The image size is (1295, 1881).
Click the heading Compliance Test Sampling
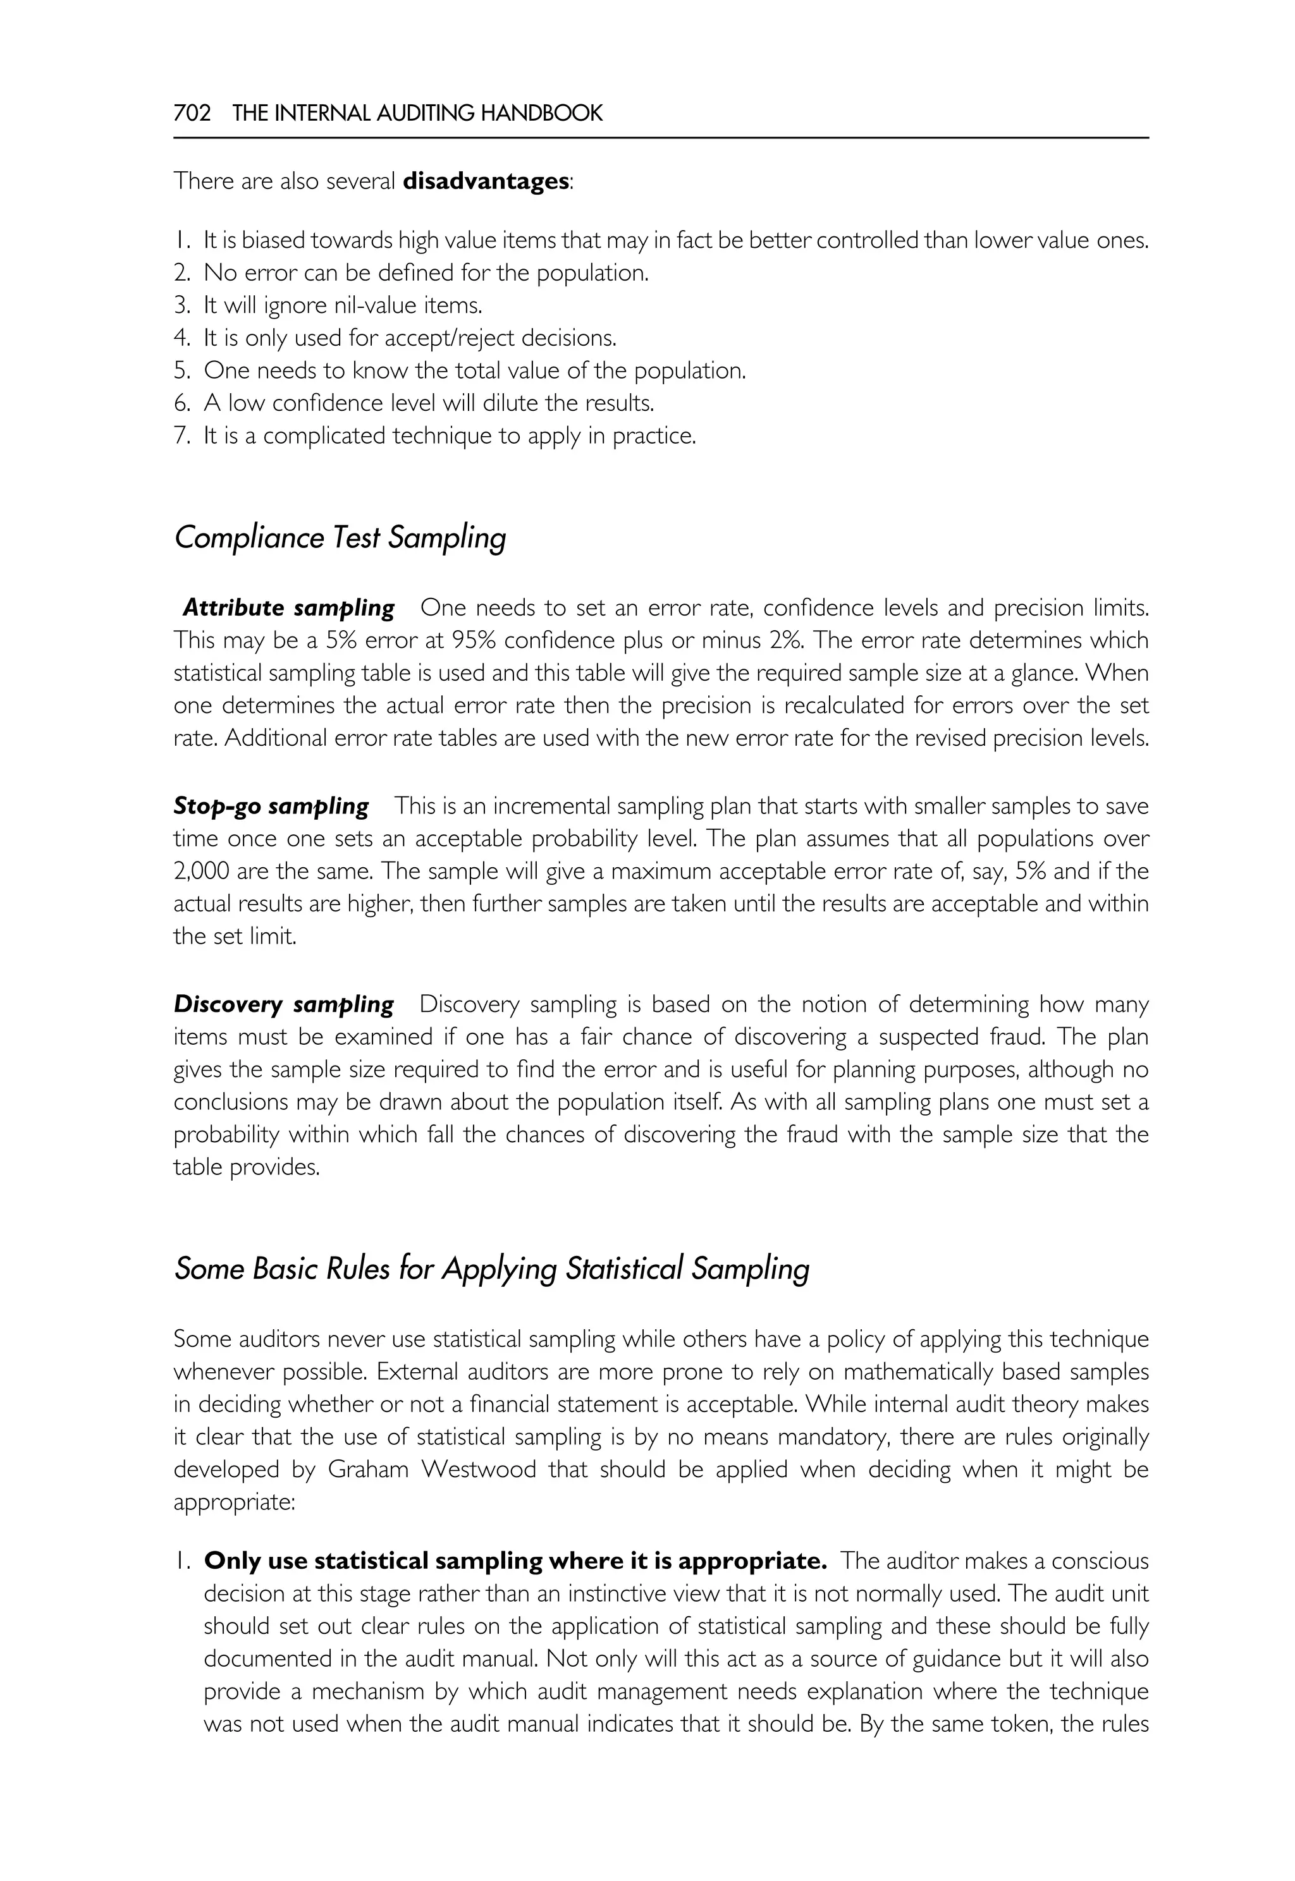click(340, 537)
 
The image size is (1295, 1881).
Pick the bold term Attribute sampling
click(288, 607)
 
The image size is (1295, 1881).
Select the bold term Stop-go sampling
click(271, 807)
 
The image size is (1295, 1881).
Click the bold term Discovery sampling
click(283, 1004)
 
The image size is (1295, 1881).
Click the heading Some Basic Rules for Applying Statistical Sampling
click(492, 1269)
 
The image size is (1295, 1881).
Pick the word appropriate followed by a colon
click(235, 1502)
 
